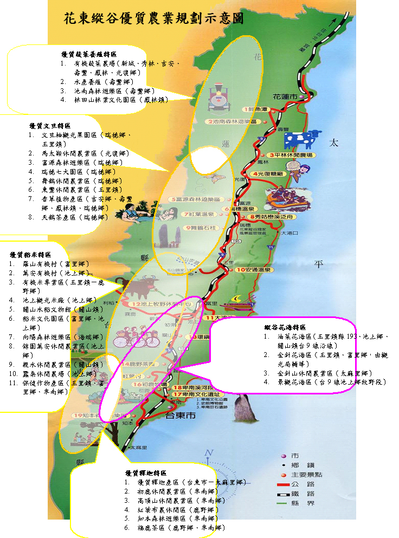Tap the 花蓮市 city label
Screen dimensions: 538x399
285,96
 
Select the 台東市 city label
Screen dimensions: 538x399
179,416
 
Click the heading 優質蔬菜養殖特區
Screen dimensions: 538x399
88,55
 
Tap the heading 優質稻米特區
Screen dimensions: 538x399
30,254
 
